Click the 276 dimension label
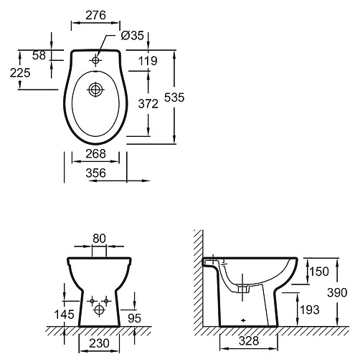95,15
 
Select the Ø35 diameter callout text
133,36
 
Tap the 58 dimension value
39,55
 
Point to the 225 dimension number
20,73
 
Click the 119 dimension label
148,61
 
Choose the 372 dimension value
148,104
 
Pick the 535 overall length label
174,97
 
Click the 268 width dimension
95,154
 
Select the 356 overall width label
95,173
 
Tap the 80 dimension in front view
99,239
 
